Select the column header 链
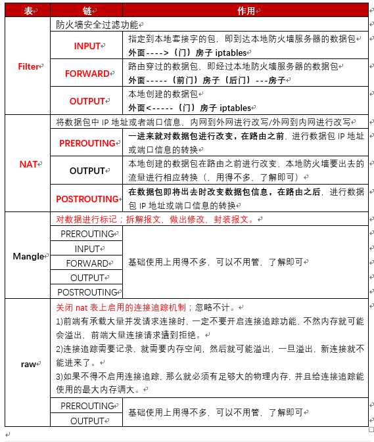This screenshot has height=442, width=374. coord(87,11)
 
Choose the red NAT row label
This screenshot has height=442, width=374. coord(28,164)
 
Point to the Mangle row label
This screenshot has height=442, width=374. coord(28,256)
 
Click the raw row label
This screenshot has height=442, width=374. coord(28,363)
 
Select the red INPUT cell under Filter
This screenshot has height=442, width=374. coord(87,46)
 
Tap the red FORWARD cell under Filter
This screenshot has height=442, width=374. coord(87,74)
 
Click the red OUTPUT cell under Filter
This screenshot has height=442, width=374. coord(87,101)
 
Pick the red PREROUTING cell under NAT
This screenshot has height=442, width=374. coord(87,143)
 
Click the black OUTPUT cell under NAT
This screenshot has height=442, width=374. coord(87,171)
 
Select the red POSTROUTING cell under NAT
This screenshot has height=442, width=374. coord(87,199)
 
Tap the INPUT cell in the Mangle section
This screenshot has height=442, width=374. coord(87,249)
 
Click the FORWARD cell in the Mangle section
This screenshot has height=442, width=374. coord(87,263)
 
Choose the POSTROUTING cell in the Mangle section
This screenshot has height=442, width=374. coord(87,292)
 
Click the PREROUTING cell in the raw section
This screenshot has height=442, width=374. coord(87,406)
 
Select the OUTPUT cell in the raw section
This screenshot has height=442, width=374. coord(87,421)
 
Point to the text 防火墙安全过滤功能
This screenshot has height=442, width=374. coord(97,24)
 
